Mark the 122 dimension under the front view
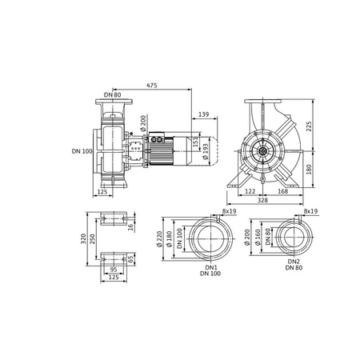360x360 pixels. click(x=249, y=192)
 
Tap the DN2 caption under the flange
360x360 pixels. click(x=293, y=262)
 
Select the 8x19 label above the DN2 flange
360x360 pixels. click(x=311, y=211)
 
